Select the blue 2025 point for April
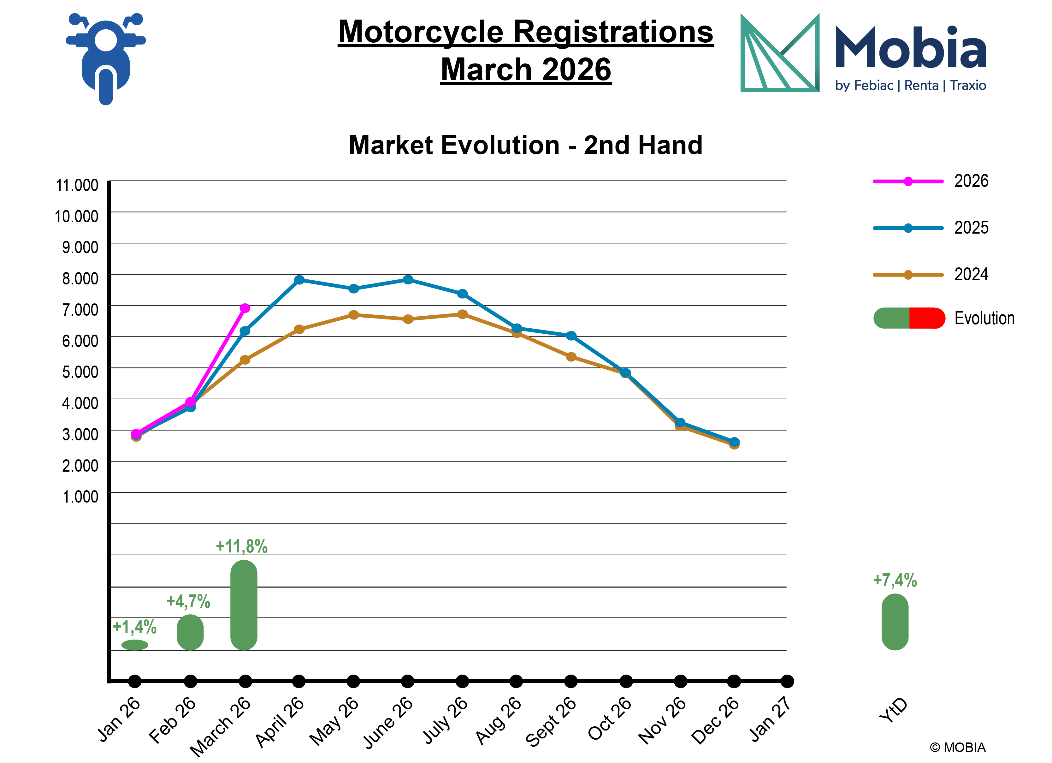coord(299,280)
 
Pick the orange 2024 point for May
coord(353,315)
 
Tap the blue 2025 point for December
coord(734,442)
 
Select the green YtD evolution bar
coord(895,622)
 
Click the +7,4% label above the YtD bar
coord(895,580)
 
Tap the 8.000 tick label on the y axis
coord(80,278)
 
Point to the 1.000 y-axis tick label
coord(80,497)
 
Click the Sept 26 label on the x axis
coord(551,722)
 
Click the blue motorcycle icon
coord(106,58)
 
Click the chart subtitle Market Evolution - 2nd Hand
coord(526,145)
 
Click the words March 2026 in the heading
coord(526,70)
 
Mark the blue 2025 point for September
coord(571,336)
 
